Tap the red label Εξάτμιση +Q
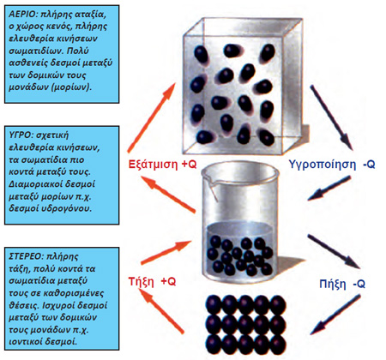point(162,165)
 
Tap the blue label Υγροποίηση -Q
point(332,165)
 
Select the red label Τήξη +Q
point(152,282)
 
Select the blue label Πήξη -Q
point(342,285)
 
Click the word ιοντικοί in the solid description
point(25,341)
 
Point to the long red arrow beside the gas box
point(151,117)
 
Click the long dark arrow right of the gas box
point(331,117)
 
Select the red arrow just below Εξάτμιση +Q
point(168,195)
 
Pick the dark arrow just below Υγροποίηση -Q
point(329,188)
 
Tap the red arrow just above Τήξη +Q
point(166,253)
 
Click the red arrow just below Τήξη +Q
point(161,311)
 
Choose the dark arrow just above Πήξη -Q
point(334,252)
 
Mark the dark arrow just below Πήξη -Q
point(335,315)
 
